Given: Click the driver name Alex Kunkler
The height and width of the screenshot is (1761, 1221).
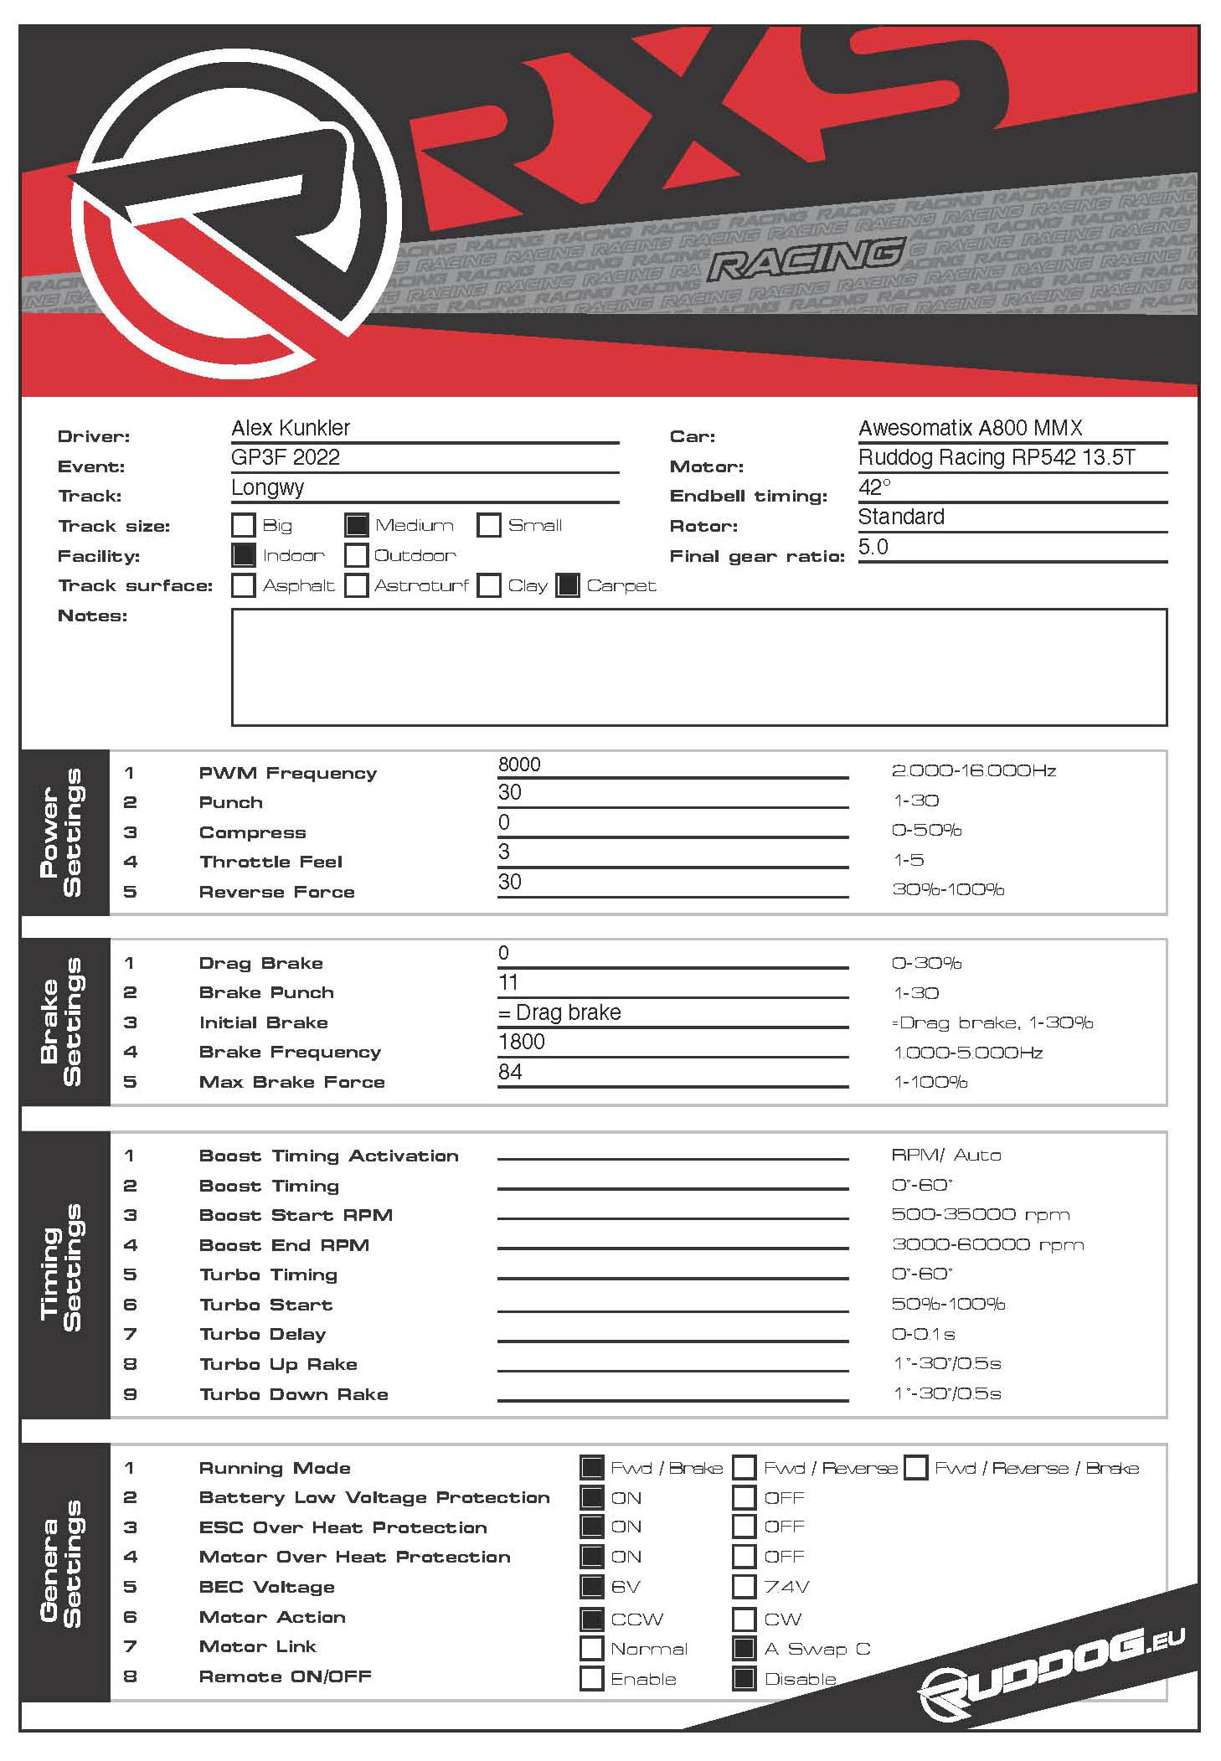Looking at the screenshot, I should pos(291,428).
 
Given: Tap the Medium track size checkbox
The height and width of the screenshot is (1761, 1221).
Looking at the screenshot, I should pos(357,526).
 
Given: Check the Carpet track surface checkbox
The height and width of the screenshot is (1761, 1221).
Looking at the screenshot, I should pos(568,585).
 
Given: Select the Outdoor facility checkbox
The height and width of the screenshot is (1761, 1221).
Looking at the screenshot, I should pos(357,555).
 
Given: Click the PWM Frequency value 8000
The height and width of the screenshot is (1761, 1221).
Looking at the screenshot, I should pos(519,765).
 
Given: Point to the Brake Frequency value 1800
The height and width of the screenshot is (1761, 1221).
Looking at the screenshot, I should pos(521,1042).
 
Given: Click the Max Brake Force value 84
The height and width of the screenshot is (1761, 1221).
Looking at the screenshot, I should pos(510,1072).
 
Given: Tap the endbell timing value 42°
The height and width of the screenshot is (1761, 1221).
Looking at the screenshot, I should pos(874,487).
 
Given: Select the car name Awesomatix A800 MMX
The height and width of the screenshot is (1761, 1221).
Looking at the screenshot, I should pos(970,428).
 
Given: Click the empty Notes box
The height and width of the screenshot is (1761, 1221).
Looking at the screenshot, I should pos(698,667).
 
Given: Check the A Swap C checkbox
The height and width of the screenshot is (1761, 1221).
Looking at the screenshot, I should pos(744,1649).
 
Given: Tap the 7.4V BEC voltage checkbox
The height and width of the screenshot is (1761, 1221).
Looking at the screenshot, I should pos(744,1586).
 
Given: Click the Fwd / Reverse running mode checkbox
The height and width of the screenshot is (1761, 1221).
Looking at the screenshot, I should pos(744,1468).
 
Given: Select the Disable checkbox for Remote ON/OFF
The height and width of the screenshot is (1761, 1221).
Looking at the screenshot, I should pos(744,1678).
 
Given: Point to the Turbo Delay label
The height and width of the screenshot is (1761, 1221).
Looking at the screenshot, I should pos(262,1334).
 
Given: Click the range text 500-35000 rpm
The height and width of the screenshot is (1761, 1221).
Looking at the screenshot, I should pos(980,1215).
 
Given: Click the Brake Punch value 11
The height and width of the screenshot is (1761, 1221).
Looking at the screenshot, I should pos(508,982).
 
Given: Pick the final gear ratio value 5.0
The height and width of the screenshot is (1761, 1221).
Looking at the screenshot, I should pos(873,547).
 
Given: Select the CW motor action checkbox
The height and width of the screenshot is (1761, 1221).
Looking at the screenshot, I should pos(744,1619).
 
